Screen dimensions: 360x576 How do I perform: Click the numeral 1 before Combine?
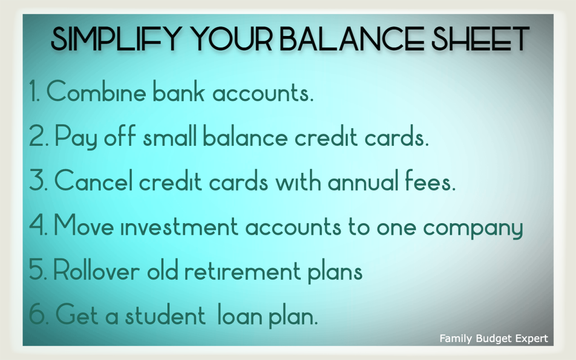[x=34, y=92]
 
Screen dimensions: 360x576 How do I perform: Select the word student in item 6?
[x=165, y=316]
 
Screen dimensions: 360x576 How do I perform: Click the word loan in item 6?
[x=239, y=316]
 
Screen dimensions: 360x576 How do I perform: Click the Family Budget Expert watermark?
[x=494, y=338]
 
